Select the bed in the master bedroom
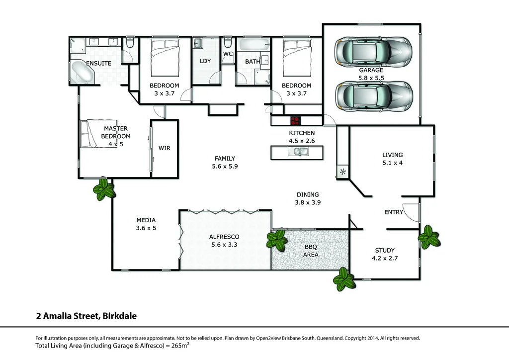click(90, 133)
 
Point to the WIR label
click(165, 148)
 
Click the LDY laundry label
click(205, 61)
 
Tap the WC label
click(228, 54)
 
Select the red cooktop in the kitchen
click(295, 120)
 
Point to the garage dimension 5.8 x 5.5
click(371, 78)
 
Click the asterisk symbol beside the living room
click(342, 173)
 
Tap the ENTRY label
click(394, 212)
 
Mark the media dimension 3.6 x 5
click(146, 228)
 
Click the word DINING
click(308, 194)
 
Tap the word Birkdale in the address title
click(120, 315)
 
